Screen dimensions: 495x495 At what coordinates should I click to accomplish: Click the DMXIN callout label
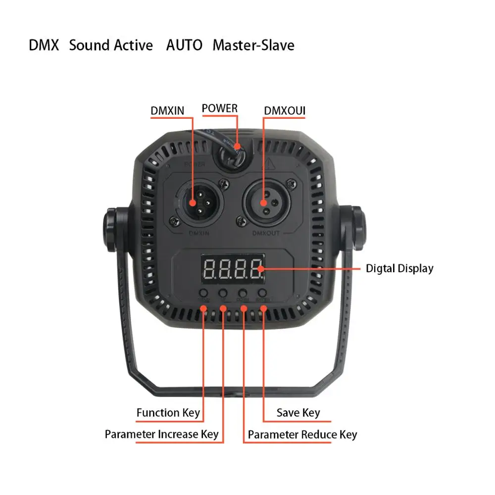(167, 110)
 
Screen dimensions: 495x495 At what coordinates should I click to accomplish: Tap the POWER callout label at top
(220, 108)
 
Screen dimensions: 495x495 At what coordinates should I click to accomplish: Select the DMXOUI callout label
(285, 110)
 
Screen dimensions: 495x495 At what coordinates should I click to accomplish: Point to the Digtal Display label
(399, 269)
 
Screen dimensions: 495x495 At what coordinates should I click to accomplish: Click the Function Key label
(168, 412)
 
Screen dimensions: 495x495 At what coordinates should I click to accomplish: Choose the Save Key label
(298, 412)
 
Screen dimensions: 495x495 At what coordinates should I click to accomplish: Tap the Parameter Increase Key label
(161, 435)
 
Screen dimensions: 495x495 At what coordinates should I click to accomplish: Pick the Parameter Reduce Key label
(302, 435)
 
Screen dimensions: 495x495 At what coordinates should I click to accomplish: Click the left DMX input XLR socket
(197, 202)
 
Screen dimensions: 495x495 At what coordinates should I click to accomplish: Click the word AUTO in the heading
(184, 46)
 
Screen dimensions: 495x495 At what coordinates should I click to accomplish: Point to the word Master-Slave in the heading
(253, 46)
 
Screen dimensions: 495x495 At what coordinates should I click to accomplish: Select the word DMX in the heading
(44, 46)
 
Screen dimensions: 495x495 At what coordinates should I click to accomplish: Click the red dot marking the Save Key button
(263, 309)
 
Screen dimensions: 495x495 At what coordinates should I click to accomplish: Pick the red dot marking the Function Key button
(203, 309)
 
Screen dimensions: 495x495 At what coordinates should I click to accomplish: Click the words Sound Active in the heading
(111, 46)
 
